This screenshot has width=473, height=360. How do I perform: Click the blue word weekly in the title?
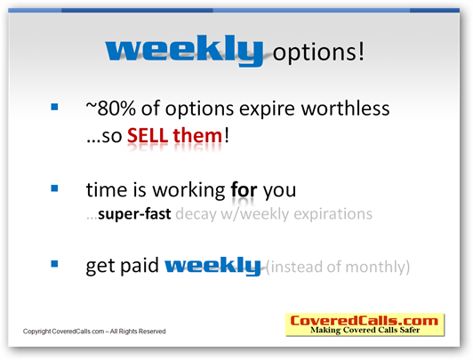pyautogui.click(x=184, y=50)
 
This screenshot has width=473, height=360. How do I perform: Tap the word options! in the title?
pyautogui.click(x=318, y=52)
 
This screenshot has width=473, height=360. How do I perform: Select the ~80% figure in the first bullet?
pyautogui.click(x=111, y=108)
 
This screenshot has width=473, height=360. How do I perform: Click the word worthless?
pyautogui.click(x=345, y=108)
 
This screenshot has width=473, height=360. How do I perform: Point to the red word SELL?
pyautogui.click(x=148, y=135)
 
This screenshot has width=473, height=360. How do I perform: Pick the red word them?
pyautogui.click(x=198, y=135)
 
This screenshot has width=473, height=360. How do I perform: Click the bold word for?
pyautogui.click(x=244, y=190)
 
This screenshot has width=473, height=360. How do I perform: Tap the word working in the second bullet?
pyautogui.click(x=188, y=191)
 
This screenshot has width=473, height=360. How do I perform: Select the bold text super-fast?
pyautogui.click(x=134, y=214)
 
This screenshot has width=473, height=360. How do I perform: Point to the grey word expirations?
pyautogui.click(x=333, y=214)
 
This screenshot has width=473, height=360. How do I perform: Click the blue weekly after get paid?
pyautogui.click(x=212, y=266)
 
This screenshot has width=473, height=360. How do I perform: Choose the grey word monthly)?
pyautogui.click(x=377, y=267)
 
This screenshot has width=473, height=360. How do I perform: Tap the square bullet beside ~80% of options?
pyautogui.click(x=54, y=107)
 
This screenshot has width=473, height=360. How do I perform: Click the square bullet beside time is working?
pyautogui.click(x=54, y=188)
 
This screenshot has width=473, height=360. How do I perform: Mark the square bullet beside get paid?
pyautogui.click(x=54, y=264)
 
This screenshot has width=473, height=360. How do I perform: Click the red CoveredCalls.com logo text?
pyautogui.click(x=365, y=321)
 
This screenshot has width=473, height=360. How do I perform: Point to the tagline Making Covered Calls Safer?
pyautogui.click(x=365, y=330)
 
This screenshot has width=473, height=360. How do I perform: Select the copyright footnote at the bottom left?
pyautogui.click(x=94, y=332)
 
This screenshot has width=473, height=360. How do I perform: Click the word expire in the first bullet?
pyautogui.click(x=267, y=109)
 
